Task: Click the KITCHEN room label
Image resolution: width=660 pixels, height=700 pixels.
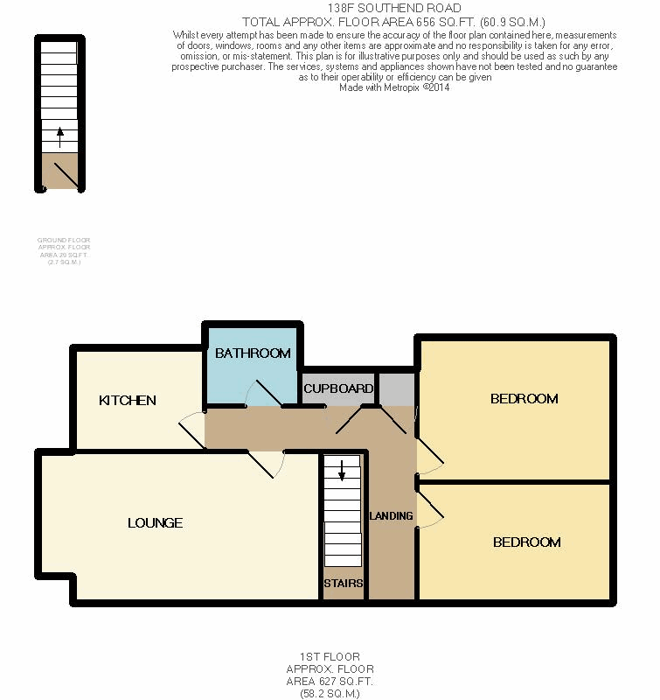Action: pyautogui.click(x=127, y=400)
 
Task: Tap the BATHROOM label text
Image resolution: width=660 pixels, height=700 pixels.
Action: pyautogui.click(x=253, y=353)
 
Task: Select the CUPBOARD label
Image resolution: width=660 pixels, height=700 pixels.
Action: pyautogui.click(x=338, y=388)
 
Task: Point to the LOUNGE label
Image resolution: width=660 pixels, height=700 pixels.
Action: pyautogui.click(x=155, y=523)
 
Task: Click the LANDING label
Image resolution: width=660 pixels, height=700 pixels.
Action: pyautogui.click(x=391, y=515)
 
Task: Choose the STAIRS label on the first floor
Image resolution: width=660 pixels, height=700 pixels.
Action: pyautogui.click(x=343, y=583)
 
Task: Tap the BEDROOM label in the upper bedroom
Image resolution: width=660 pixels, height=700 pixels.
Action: pyautogui.click(x=524, y=399)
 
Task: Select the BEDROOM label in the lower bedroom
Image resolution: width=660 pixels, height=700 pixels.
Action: pyautogui.click(x=526, y=542)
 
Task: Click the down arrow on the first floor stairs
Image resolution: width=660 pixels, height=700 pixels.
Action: pyautogui.click(x=342, y=471)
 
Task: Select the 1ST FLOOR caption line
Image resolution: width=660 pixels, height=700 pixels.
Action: pyautogui.click(x=323, y=657)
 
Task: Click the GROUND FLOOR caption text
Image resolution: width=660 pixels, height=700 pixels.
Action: pyautogui.click(x=63, y=240)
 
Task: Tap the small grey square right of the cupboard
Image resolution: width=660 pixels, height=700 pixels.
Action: pyautogui.click(x=396, y=388)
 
